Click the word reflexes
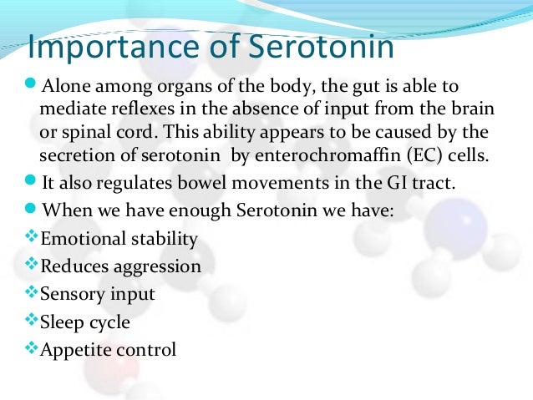pyautogui.click(x=135, y=110)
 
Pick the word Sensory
pyautogui.click(x=70, y=295)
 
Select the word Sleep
pyautogui.click(x=61, y=322)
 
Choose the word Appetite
pyautogui.click(x=75, y=350)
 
